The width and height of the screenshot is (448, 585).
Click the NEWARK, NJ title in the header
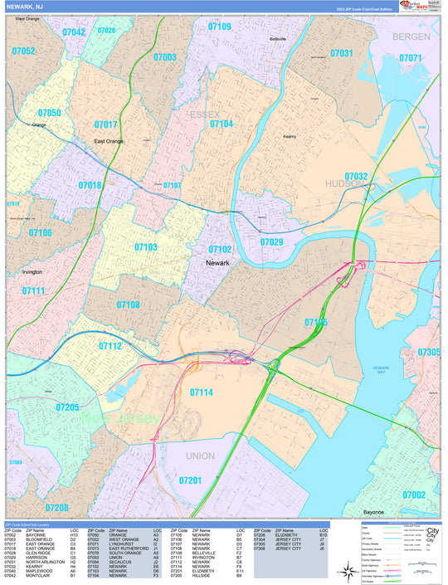pyautogui.click(x=26, y=7)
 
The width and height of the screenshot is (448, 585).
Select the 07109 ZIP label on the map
pyautogui.click(x=219, y=27)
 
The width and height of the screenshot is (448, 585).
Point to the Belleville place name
pyautogui.click(x=278, y=39)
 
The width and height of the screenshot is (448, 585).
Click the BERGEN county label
pyautogui.click(x=412, y=37)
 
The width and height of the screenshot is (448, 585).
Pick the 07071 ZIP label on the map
pyautogui.click(x=410, y=58)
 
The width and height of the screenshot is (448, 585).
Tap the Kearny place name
pyautogui.click(x=290, y=135)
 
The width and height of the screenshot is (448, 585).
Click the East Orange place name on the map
pyautogui.click(x=108, y=141)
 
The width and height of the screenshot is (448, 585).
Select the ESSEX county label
pyautogui.click(x=203, y=114)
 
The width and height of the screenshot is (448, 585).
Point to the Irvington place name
pyautogui.click(x=27, y=271)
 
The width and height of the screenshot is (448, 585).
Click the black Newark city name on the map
pyautogui.click(x=217, y=263)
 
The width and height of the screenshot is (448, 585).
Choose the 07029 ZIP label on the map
pyautogui.click(x=271, y=242)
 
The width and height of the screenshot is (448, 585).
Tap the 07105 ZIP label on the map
pyautogui.click(x=315, y=322)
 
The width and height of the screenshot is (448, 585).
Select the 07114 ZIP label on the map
pyautogui.click(x=201, y=392)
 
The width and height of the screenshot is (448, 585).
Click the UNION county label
pyautogui.click(x=200, y=456)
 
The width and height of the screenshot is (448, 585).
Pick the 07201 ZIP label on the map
pyautogui.click(x=190, y=481)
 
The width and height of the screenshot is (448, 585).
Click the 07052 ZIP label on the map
pyautogui.click(x=24, y=51)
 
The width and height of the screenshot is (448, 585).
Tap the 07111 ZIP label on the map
pyautogui.click(x=33, y=291)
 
